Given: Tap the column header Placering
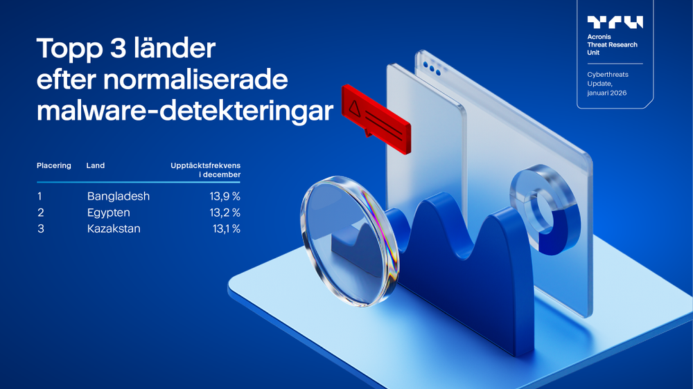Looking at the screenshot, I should pos(54,165).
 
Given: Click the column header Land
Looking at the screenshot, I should pos(96,165).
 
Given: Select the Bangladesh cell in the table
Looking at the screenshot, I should pos(119,196).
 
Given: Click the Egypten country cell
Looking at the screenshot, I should pos(109,212).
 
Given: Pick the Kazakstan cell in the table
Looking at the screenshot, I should pos(114,228).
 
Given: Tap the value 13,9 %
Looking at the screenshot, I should pos(225,196).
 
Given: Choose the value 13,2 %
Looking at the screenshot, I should pos(225,212).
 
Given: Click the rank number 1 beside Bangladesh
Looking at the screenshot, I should pos(40,196).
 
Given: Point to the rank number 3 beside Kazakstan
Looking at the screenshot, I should pos(41,228).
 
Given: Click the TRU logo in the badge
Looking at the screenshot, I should pos(615,22).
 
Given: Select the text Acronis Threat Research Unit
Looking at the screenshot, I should pos(612,45).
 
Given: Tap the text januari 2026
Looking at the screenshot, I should pos(607,93).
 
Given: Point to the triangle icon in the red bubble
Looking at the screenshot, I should pos(355,107).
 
